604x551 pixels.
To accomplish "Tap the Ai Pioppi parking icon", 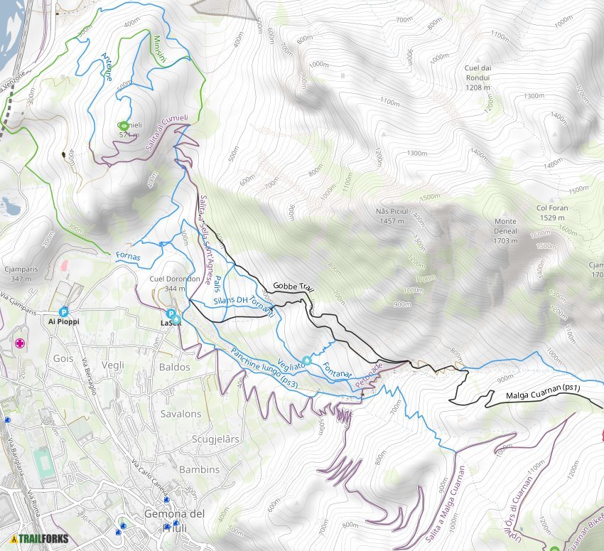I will [64, 311].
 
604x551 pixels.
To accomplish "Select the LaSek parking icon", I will [171, 314].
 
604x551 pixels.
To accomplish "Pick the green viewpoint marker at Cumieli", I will [124, 125].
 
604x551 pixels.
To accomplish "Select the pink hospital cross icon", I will [20, 343].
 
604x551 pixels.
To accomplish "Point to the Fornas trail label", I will [128, 256].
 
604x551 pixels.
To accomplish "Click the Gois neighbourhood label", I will [63, 358].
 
